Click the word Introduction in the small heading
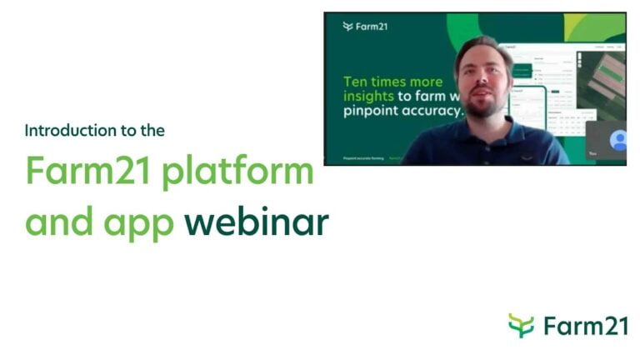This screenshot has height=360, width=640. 58,131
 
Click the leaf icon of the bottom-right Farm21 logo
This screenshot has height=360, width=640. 521,325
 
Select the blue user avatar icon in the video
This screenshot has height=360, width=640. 617,140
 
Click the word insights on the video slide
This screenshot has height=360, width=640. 369,97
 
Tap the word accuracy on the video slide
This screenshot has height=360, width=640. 429,111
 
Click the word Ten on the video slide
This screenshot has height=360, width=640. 357,82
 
